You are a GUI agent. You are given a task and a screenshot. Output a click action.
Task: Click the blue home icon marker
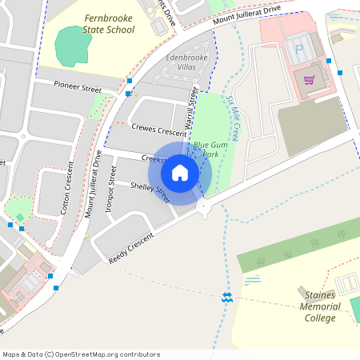pyautogui.click(x=180, y=173)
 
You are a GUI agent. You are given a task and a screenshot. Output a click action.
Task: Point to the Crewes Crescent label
pyautogui.click(x=158, y=130)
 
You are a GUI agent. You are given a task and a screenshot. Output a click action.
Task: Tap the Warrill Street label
pyautogui.click(x=190, y=110)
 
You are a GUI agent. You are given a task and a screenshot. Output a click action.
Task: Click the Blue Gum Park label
pyautogui.click(x=206, y=149)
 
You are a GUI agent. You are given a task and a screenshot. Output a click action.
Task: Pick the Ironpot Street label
pyautogui.click(x=110, y=193)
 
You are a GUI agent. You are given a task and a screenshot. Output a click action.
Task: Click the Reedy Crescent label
pyautogui.click(x=130, y=249)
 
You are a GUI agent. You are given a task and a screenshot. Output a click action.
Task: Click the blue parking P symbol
pyautogui.click(x=299, y=50)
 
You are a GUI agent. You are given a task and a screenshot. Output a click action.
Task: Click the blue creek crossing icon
pyautogui.click(x=227, y=298)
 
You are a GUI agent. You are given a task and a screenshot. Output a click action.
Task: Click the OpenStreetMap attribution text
pyautogui.click(x=82, y=354)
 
